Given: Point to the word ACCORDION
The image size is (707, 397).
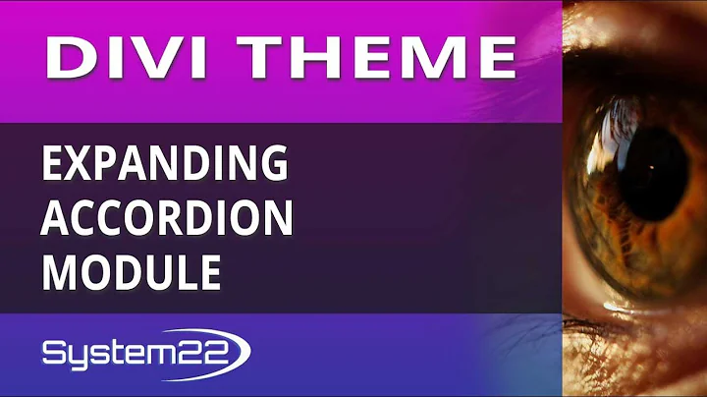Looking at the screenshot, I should coord(167,219).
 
